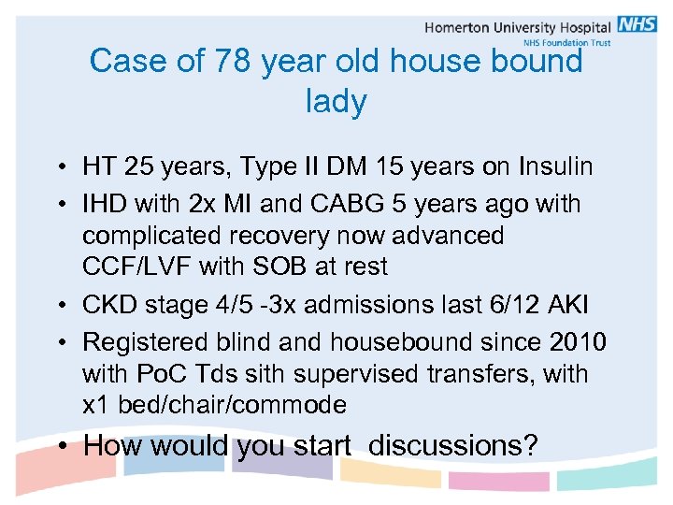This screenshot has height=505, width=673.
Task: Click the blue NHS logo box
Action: tap(637, 25)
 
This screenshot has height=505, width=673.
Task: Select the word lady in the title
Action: tap(336, 101)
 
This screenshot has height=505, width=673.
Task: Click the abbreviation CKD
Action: tap(109, 305)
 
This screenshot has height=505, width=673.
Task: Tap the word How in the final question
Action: tap(109, 446)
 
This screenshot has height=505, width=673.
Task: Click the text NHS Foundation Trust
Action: tap(566, 43)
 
